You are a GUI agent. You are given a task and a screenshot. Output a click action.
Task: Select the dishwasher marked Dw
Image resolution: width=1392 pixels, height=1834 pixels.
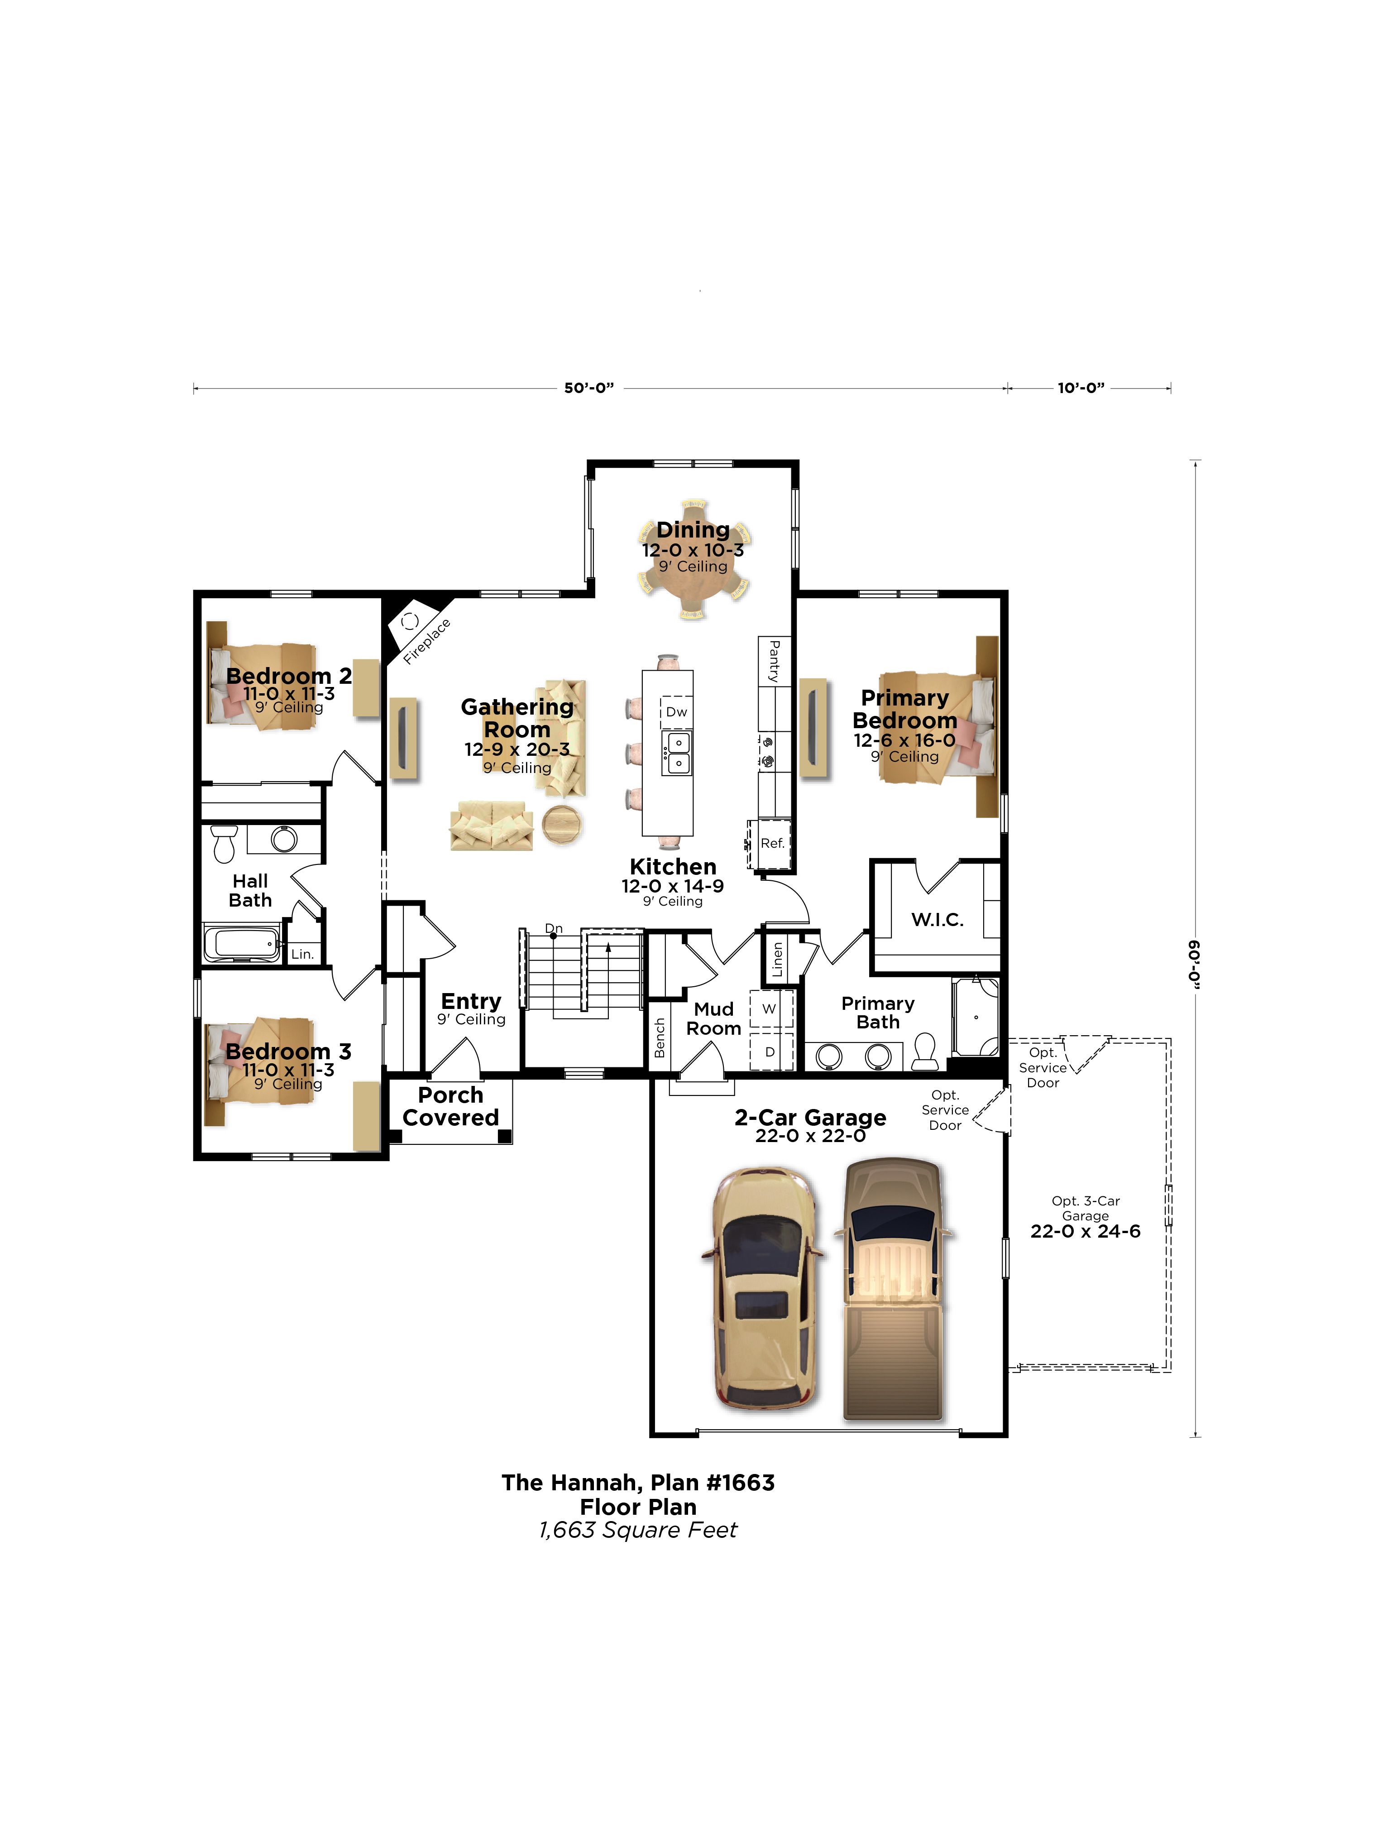tap(676, 711)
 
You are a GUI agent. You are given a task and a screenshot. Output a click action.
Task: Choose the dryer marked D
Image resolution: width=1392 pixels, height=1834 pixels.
tap(770, 1051)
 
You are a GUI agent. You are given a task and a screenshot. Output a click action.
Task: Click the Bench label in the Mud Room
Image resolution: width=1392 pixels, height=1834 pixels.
tap(660, 1037)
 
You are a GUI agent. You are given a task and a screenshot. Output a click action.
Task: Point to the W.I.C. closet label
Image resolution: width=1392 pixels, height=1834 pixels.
tap(938, 919)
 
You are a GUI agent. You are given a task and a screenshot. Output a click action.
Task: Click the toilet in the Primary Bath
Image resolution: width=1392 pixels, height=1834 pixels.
tap(925, 1051)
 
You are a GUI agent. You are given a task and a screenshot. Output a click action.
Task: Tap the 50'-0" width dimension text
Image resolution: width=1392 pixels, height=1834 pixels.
tap(588, 387)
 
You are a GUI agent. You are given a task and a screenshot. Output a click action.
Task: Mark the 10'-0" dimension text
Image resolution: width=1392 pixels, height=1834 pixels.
tap(1080, 387)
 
